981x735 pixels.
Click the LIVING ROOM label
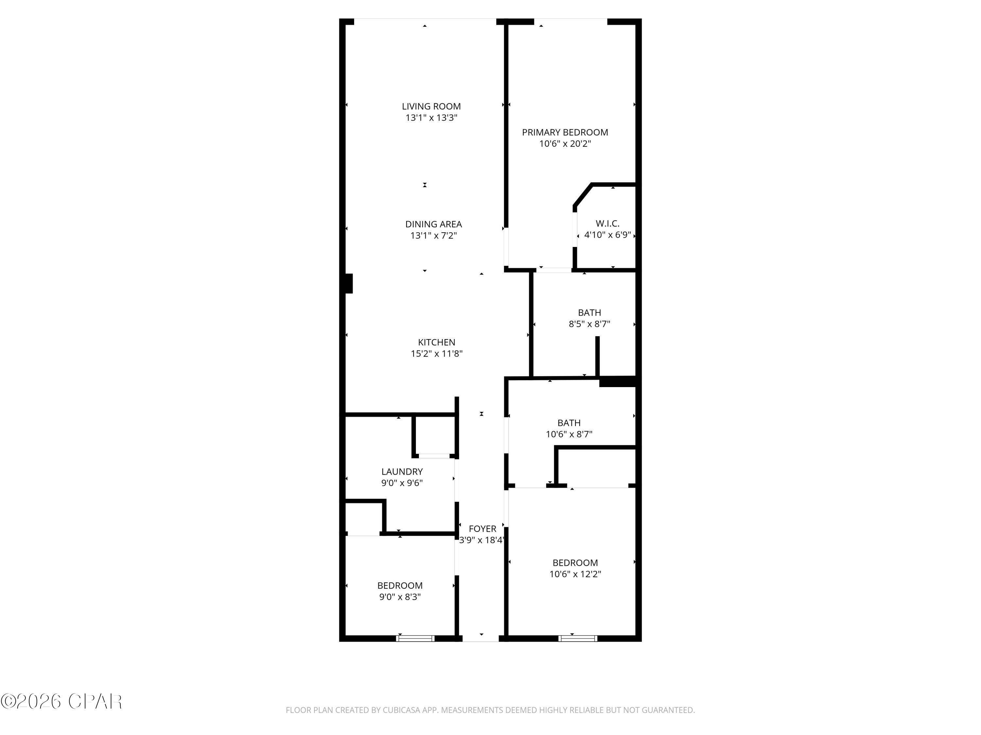pos(431,106)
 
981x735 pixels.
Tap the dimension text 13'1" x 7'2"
pos(433,235)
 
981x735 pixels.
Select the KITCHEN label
pos(437,342)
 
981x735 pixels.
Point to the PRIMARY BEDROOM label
pos(564,132)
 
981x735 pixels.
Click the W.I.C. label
pos(607,223)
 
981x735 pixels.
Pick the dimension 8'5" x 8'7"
pos(589,324)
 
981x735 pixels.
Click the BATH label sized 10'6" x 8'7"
pos(569,423)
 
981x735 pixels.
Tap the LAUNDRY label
pos(402,471)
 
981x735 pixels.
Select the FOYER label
pos(482,529)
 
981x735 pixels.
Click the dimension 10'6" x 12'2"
pos(575,574)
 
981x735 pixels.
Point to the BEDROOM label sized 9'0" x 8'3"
pos(400,585)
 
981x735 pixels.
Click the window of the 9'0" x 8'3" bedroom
pos(415,638)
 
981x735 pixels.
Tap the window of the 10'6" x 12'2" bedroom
pos(577,638)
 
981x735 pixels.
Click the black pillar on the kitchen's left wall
pos(349,284)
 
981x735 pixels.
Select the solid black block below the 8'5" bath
pos(617,382)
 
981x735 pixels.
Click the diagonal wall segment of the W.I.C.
pos(583,195)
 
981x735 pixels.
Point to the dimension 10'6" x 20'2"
pos(564,143)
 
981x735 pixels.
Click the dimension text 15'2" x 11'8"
pos(437,353)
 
